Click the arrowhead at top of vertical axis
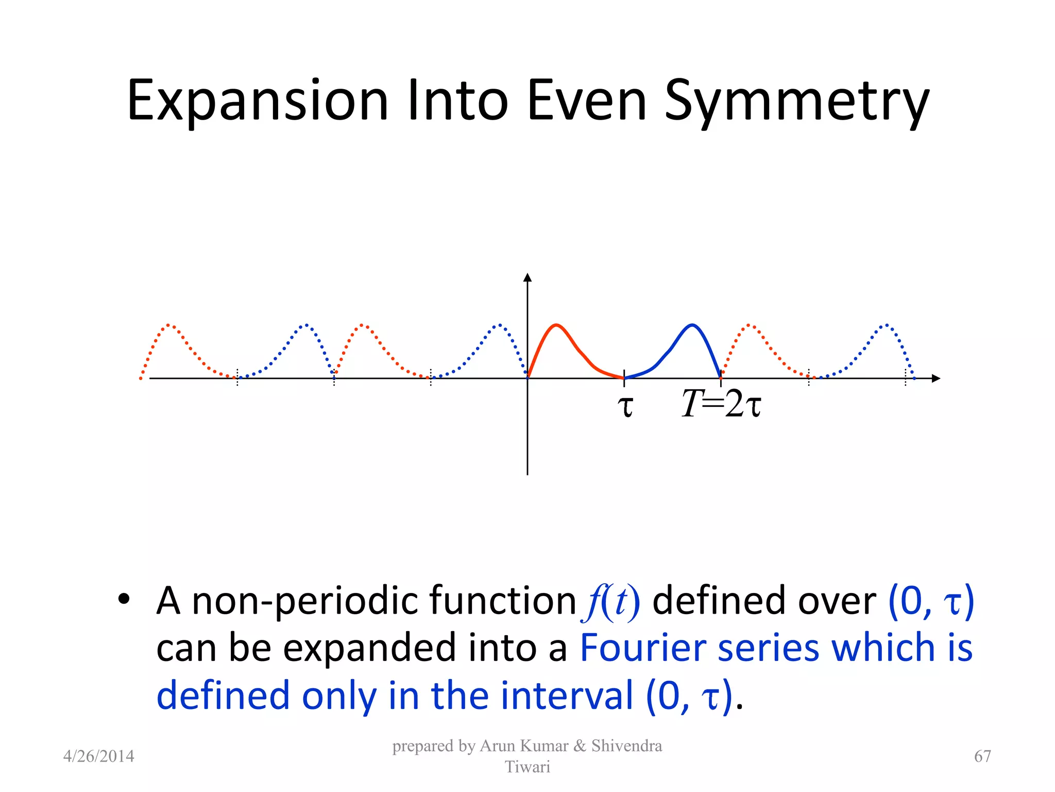(x=527, y=278)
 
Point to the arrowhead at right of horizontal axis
(x=936, y=378)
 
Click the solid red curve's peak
(x=556, y=325)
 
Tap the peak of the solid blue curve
(x=692, y=325)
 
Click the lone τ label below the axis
(x=625, y=406)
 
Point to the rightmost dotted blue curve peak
(x=887, y=325)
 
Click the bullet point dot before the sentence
(x=123, y=600)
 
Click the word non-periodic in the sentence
(x=305, y=601)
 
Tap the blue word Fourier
(x=642, y=648)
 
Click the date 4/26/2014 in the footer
(x=98, y=756)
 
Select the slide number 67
(x=982, y=756)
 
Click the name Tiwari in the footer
(x=527, y=767)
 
